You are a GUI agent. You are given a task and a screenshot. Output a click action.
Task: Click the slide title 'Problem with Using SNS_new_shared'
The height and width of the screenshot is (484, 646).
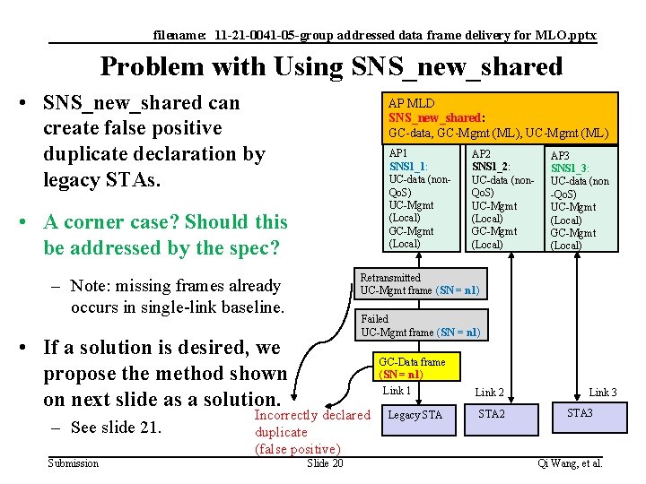331,66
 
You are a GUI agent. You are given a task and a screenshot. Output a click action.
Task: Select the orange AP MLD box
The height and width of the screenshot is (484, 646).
498,118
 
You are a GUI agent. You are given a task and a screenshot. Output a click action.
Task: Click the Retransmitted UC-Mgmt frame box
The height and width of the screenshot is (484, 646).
420,284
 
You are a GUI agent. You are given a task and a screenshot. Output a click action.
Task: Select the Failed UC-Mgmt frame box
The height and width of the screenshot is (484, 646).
421,325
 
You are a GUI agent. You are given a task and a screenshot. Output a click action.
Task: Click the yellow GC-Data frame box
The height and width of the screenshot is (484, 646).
412,367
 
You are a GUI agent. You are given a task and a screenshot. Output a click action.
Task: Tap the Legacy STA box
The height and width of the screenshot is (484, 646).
415,415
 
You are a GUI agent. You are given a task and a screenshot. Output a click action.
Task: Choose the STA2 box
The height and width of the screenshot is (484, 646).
492,414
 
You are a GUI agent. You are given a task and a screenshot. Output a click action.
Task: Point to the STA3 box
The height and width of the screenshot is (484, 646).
580,414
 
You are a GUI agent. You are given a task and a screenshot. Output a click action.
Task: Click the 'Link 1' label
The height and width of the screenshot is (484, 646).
397,391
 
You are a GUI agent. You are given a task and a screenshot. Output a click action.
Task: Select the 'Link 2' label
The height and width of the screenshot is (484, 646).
489,393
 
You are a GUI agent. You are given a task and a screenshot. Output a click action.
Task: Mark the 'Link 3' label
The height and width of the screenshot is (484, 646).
603,393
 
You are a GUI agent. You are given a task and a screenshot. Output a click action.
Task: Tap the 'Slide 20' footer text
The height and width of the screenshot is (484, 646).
324,462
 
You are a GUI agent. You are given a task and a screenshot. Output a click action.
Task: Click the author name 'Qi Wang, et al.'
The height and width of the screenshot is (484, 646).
569,462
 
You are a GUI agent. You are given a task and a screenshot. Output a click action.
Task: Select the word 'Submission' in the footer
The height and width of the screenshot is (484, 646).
74,462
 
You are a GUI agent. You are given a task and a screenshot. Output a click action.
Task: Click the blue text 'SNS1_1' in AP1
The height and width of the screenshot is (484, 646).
407,167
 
